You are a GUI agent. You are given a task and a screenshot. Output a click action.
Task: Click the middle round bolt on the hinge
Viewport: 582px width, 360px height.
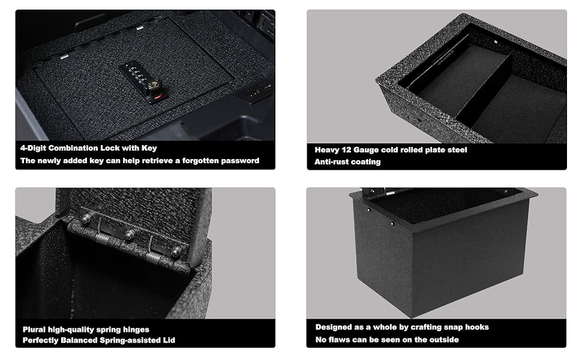click(129, 235)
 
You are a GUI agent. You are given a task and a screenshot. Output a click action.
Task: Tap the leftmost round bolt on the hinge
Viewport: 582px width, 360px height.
click(86, 219)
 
